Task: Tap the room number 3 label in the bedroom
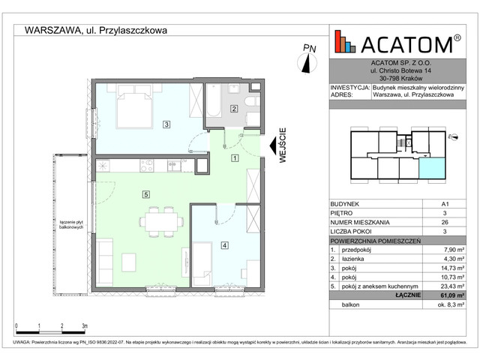click(166, 124)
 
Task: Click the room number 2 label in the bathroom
click(234, 109)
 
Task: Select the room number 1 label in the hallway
click(235, 158)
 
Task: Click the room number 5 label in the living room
click(145, 194)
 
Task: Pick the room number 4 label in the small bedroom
click(224, 244)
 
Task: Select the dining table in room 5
click(161, 222)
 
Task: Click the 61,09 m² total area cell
click(449, 295)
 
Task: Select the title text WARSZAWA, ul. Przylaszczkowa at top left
click(95, 31)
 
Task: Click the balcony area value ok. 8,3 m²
click(449, 305)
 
